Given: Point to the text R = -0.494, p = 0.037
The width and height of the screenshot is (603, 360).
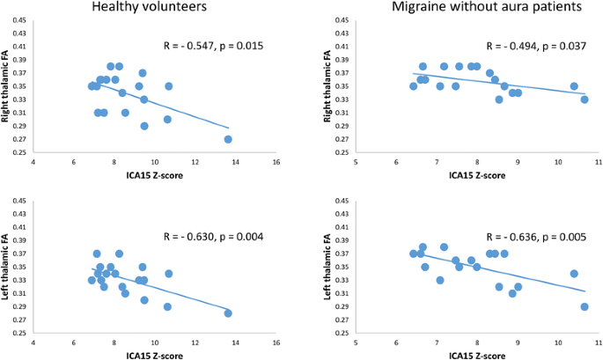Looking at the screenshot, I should [x=536, y=44].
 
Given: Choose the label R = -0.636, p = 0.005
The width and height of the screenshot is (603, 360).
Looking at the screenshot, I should [x=536, y=235].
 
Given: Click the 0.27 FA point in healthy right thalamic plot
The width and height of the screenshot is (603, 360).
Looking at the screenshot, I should [x=228, y=139].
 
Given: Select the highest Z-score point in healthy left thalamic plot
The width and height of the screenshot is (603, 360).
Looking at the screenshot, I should [x=228, y=313].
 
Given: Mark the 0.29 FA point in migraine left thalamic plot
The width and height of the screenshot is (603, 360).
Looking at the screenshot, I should [x=585, y=307].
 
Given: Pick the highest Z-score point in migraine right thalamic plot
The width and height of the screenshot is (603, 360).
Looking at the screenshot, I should [x=585, y=99].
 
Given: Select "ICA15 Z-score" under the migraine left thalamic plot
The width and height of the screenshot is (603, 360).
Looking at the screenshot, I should [x=475, y=355].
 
